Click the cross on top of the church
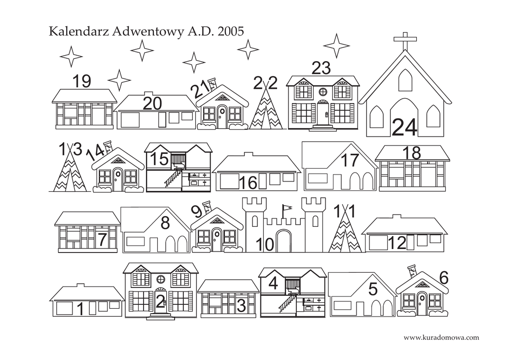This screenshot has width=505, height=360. (x=404, y=41)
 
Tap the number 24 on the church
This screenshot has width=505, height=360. (x=404, y=127)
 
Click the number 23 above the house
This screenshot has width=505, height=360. (x=321, y=69)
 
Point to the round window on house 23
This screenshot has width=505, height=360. (x=323, y=91)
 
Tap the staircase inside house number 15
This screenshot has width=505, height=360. (x=172, y=179)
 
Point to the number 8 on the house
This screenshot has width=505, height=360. (x=165, y=223)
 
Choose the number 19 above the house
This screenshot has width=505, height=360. (x=82, y=81)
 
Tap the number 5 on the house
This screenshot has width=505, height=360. (x=373, y=289)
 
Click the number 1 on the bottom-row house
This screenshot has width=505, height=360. (x=80, y=310)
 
